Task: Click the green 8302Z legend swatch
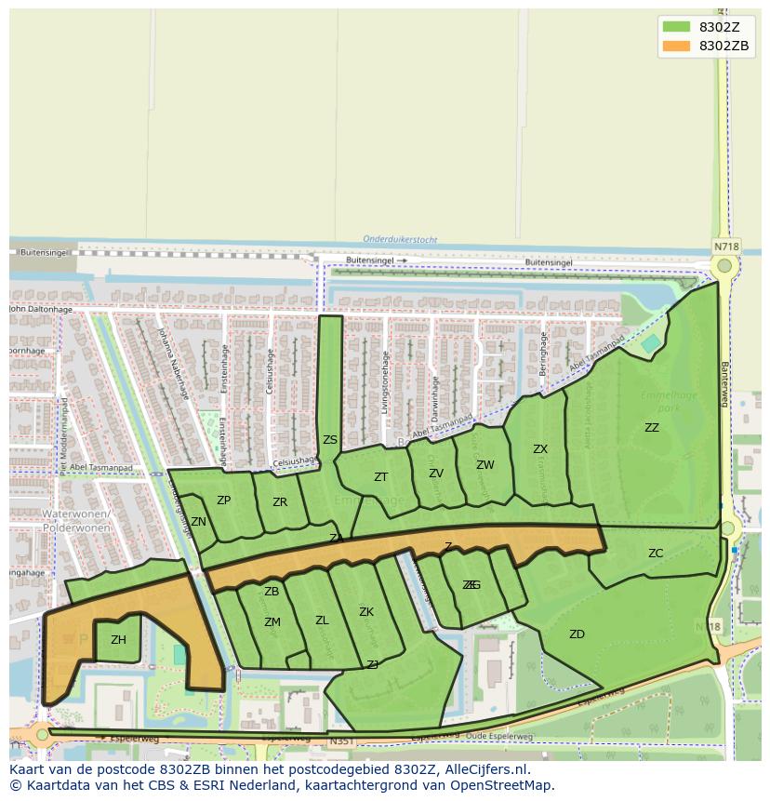click(676, 27)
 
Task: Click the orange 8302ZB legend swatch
click(676, 46)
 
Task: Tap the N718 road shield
click(725, 247)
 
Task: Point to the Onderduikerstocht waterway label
click(400, 239)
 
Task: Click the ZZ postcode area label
click(652, 428)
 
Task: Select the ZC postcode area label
click(656, 554)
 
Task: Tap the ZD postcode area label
click(577, 634)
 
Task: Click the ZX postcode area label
click(540, 449)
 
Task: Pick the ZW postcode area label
click(485, 465)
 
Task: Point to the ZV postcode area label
click(436, 474)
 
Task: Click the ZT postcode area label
click(380, 477)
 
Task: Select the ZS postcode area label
click(330, 440)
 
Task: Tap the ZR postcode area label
click(280, 502)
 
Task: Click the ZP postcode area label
click(223, 501)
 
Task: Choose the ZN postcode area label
click(198, 522)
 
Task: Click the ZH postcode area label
click(118, 640)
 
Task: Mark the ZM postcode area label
click(272, 622)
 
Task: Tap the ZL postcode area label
click(322, 621)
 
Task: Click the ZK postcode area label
click(366, 612)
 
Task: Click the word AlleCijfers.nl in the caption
click(483, 770)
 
